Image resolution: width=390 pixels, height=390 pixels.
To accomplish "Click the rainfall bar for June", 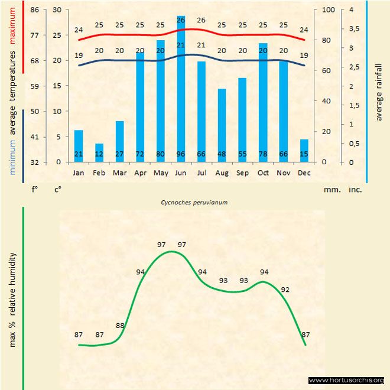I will click(181, 89).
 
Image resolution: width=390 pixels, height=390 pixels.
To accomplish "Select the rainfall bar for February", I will click(99, 152).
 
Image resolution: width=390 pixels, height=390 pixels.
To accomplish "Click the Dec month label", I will click(304, 173).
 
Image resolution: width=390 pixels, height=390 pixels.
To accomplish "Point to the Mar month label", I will click(119, 173).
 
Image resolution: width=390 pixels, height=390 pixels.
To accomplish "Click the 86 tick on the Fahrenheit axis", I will click(35, 10).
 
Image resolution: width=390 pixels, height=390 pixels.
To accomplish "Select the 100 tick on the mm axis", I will click(328, 10).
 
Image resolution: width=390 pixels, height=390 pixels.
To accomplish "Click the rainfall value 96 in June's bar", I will click(181, 155).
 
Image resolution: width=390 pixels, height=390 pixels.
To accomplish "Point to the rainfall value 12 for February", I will click(99, 155).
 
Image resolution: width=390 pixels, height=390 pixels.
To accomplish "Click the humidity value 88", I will click(121, 326).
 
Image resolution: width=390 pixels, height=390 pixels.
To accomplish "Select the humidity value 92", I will click(285, 290).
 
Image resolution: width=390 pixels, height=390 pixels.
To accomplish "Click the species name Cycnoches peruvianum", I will click(194, 202).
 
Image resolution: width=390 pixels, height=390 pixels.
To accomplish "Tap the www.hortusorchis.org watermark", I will click(346, 381).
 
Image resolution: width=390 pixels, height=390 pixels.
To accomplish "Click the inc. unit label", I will click(355, 190).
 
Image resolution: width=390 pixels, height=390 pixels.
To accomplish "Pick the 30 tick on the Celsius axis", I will click(57, 10).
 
